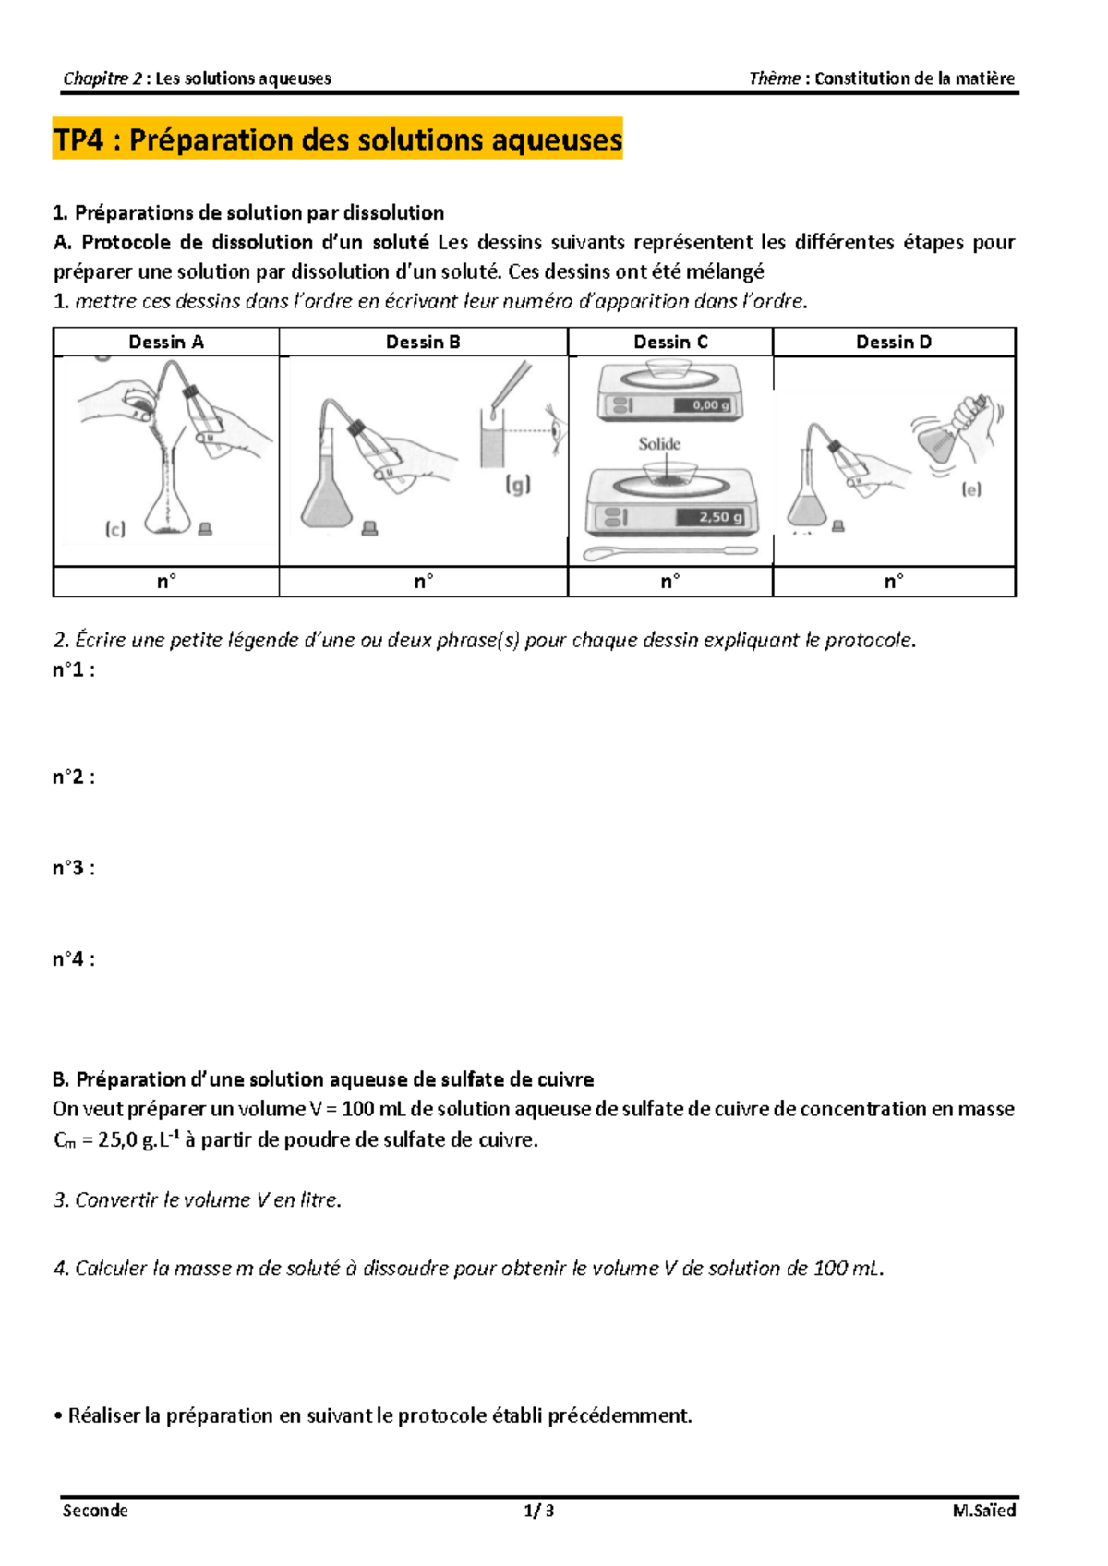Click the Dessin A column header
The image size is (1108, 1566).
(166, 342)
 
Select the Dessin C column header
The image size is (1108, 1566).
(670, 342)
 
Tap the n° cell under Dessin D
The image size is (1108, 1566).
(894, 582)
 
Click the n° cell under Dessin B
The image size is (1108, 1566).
(423, 582)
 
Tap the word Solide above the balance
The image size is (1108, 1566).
(659, 444)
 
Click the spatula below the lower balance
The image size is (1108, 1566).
(671, 553)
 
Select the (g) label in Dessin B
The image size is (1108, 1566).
(518, 485)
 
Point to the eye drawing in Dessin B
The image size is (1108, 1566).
(555, 427)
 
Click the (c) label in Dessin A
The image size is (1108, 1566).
(115, 529)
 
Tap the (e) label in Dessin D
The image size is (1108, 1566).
(971, 489)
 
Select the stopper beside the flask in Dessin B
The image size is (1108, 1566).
(370, 529)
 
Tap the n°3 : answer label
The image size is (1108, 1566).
(74, 868)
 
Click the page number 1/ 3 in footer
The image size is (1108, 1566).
(539, 1511)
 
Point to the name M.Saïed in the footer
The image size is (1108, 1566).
(984, 1511)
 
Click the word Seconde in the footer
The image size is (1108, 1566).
(95, 1511)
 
